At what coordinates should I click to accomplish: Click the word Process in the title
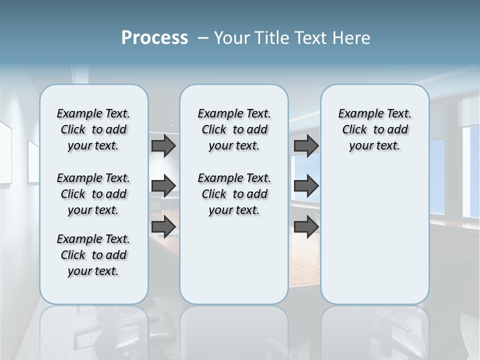tap(154, 38)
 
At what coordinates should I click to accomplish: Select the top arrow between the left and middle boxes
tap(163, 145)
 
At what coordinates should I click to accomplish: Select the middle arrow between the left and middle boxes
tap(163, 186)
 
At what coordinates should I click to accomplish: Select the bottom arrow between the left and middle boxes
tap(163, 226)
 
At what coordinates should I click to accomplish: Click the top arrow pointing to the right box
tap(306, 145)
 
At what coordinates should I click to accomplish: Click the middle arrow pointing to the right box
tap(306, 186)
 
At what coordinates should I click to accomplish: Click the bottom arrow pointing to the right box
tap(306, 226)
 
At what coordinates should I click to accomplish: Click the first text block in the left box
tap(93, 129)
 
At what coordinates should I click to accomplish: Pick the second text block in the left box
tap(93, 194)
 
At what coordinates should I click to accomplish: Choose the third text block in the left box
tap(93, 255)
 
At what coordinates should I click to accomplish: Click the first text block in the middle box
tap(234, 129)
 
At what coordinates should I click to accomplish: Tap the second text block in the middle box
tap(234, 194)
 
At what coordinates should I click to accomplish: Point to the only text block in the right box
tap(374, 129)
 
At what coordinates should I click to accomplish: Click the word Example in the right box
tap(358, 114)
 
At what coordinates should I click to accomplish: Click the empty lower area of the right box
tap(374, 235)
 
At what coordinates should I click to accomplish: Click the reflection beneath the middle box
tap(234, 330)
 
